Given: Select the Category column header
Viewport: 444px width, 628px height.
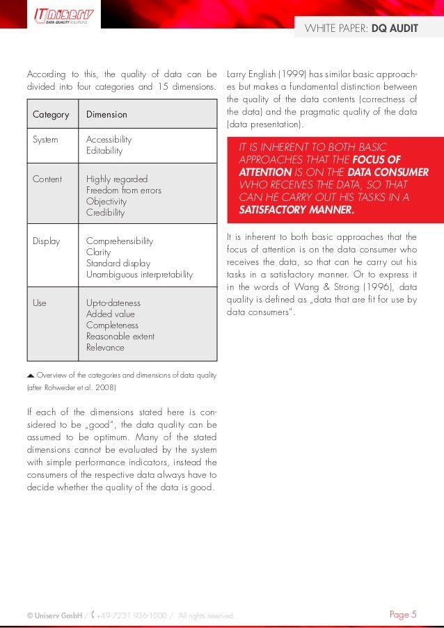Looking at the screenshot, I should point(51,114).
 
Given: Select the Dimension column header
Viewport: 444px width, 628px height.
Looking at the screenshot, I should point(106,114).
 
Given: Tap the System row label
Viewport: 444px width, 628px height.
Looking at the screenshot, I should point(46,139).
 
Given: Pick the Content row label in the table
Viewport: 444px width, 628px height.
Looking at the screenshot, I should point(47,179).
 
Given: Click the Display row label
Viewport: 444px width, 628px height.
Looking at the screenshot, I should point(46,241).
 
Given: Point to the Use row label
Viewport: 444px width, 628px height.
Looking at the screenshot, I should point(40,303).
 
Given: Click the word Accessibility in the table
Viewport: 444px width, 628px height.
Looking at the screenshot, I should point(109,139).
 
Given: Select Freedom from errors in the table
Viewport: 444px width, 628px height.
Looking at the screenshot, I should point(123,190).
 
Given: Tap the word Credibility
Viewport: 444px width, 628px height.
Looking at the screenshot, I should point(105,212).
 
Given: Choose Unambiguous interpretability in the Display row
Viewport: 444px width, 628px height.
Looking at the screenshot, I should point(139,275).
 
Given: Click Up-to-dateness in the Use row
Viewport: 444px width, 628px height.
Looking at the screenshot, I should point(113,303).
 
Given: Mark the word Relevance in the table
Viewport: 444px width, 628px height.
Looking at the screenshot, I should point(105,347).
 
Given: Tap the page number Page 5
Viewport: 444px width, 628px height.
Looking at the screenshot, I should point(403,614).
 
